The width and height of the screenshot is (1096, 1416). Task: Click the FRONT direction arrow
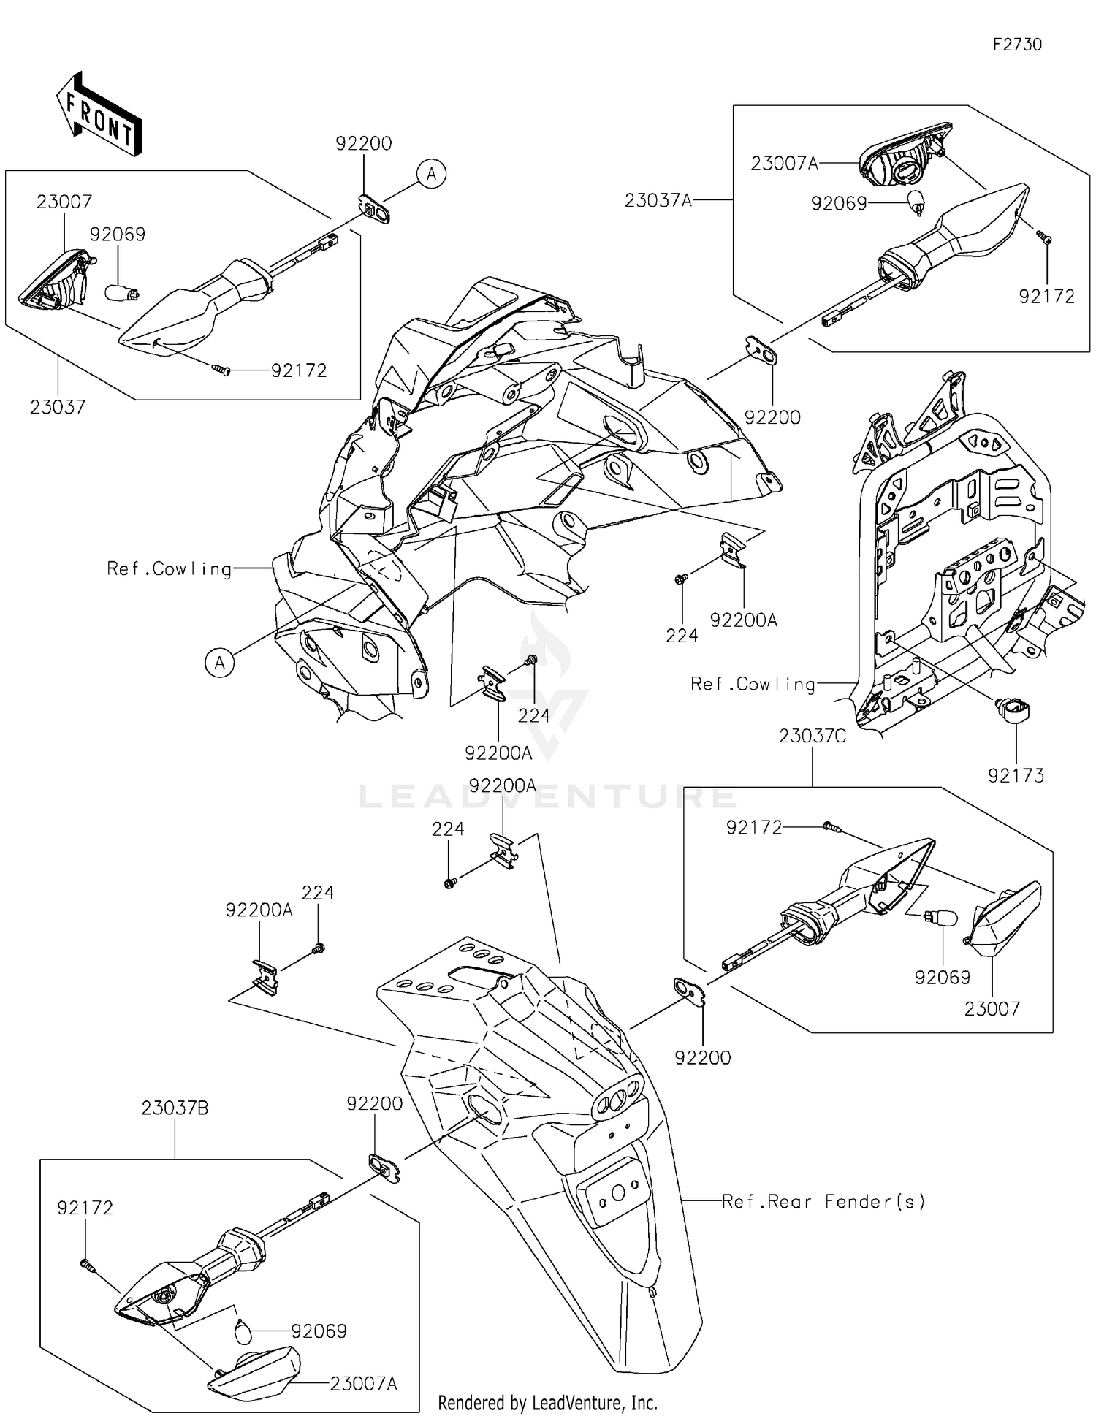[x=99, y=115]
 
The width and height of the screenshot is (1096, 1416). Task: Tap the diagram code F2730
[x=1017, y=45]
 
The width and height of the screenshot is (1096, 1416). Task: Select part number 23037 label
[x=58, y=407]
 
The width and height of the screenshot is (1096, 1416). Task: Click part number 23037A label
[x=658, y=199]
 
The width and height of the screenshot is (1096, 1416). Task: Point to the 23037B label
[x=175, y=1108]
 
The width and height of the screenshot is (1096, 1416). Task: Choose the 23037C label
[x=813, y=736]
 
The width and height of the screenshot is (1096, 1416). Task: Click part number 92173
[x=1016, y=775]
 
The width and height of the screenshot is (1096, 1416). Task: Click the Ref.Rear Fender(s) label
[x=823, y=1201]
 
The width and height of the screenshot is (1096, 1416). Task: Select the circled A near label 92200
[x=432, y=174]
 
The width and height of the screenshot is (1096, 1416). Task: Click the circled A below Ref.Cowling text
[x=219, y=663]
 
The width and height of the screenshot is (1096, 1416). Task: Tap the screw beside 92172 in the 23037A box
[x=1044, y=236]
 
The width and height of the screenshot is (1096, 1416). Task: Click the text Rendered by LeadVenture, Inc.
[x=547, y=1402]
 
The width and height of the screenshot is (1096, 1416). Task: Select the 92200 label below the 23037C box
[x=703, y=1057]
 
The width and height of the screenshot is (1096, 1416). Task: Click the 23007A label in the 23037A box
[x=784, y=163]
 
